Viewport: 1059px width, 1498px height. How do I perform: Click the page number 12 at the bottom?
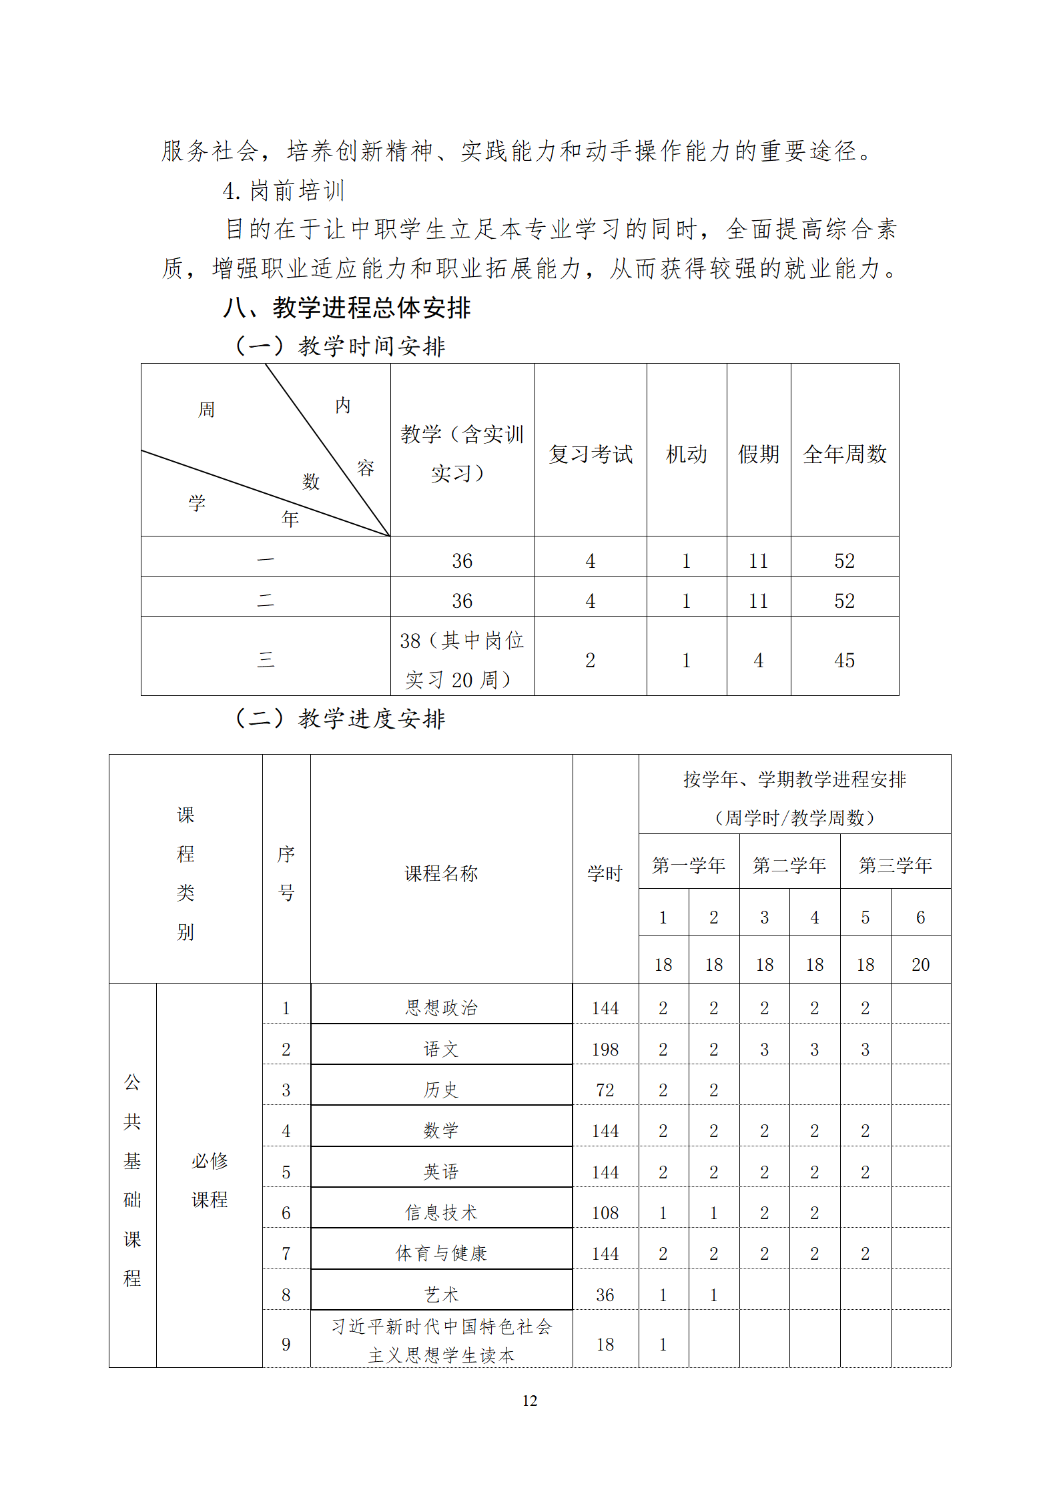pos(529,1401)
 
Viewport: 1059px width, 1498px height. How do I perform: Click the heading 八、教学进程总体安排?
pos(347,308)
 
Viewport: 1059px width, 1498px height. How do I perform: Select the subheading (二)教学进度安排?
pos(340,719)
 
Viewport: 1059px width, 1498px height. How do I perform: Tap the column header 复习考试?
pos(591,454)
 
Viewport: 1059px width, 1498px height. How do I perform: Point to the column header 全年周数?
pos(844,454)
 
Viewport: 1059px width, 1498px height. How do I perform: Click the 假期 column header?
pos(758,454)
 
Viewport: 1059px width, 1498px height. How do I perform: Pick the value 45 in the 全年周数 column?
pos(844,661)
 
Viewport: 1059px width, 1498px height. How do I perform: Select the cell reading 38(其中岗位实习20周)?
pos(462,659)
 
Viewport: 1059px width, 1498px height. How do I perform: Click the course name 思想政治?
pos(441,1008)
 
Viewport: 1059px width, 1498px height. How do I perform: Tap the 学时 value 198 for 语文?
pos(605,1050)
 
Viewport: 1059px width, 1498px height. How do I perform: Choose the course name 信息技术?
pos(441,1212)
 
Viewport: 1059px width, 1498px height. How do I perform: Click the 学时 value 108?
pos(605,1213)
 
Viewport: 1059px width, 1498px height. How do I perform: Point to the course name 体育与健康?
pos(441,1253)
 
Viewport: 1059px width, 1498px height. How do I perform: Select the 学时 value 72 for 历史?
pos(605,1090)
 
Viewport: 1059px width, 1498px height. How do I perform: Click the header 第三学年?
pos(895,865)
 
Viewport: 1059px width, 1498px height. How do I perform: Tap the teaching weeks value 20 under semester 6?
pos(920,965)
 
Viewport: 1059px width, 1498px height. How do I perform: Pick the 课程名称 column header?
pos(441,873)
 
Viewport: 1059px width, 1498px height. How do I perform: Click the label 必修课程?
pos(210,1180)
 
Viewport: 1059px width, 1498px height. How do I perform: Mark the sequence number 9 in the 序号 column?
pos(286,1344)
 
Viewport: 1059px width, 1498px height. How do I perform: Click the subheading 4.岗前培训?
pos(284,192)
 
